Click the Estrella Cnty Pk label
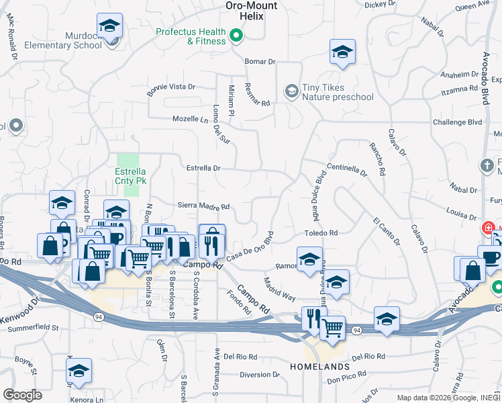130,176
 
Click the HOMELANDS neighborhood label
319,367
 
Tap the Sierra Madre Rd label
203,207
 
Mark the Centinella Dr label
348,169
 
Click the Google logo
22,395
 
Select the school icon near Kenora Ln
79,370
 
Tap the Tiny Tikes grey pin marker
291,90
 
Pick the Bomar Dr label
260,62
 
